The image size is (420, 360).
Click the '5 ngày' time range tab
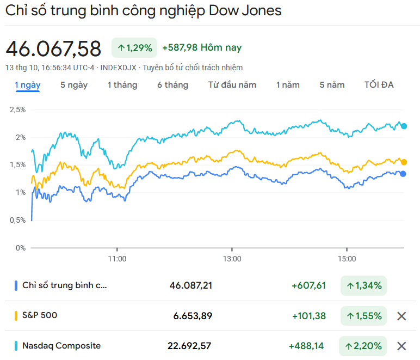coord(74,85)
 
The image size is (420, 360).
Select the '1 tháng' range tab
coord(122,85)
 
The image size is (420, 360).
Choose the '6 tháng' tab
coord(172,85)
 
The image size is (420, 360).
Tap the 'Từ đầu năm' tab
coord(232,85)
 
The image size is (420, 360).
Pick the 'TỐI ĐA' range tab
coord(379,85)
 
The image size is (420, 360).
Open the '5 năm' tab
coord(332,85)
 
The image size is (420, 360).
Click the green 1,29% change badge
coord(134,48)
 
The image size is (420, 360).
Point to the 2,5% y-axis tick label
coord(17,109)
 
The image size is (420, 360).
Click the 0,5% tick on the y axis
coord(17,220)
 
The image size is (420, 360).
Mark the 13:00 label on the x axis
coord(232,259)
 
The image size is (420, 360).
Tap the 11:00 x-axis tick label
coord(117,259)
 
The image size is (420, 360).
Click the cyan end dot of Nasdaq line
coord(404,126)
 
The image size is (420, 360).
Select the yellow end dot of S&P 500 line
coord(404,162)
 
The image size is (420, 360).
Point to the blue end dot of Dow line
coord(403,174)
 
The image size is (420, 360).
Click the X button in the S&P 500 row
coord(402,316)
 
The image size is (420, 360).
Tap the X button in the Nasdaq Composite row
coord(402,346)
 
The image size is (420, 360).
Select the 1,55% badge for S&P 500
coord(363,316)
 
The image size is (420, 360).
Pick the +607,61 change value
coord(308,285)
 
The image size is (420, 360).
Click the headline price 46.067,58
coord(53,49)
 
